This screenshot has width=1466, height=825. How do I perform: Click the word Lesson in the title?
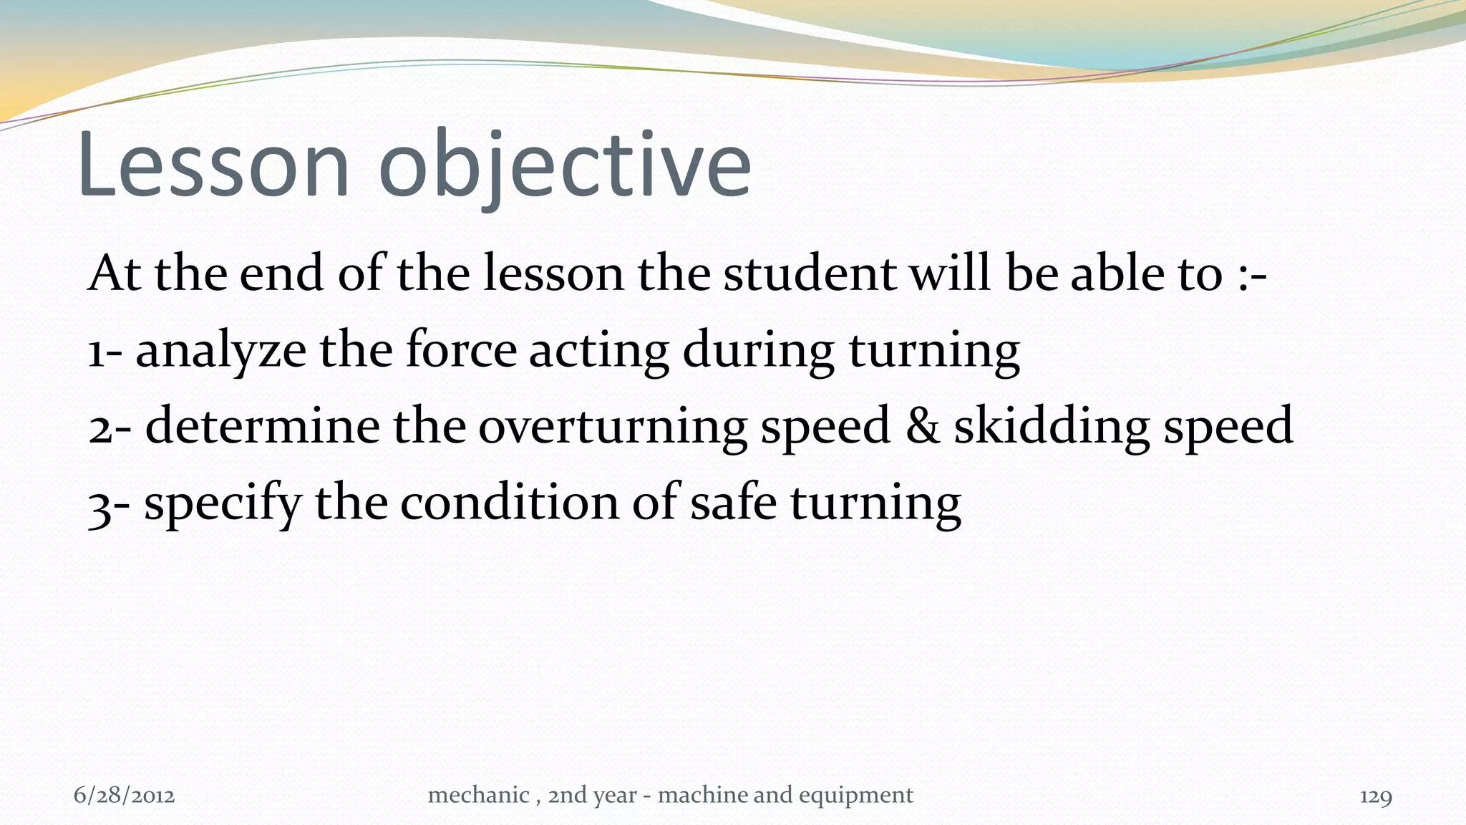click(x=213, y=166)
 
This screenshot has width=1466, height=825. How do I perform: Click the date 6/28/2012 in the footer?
click(x=125, y=796)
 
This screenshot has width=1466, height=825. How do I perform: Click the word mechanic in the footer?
click(x=478, y=795)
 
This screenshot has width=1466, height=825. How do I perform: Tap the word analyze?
click(x=220, y=352)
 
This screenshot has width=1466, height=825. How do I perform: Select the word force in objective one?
click(x=461, y=350)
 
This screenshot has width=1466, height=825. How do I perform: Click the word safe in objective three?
click(x=733, y=503)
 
